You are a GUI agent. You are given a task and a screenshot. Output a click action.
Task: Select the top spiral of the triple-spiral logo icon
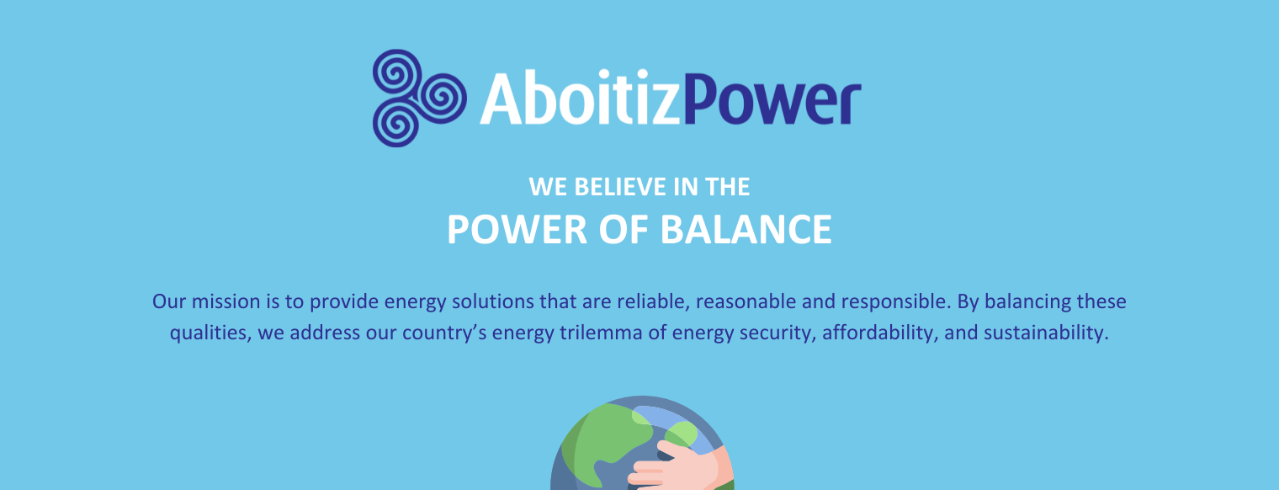coord(397,74)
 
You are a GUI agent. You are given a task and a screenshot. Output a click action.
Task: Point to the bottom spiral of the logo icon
coord(397,123)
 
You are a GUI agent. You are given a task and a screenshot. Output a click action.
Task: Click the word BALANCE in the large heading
coord(746,230)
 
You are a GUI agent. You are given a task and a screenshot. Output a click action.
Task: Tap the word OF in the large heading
coord(624,230)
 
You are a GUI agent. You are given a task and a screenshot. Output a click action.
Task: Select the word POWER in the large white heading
coord(517,230)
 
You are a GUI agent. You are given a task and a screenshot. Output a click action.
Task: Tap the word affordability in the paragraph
coord(880,333)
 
